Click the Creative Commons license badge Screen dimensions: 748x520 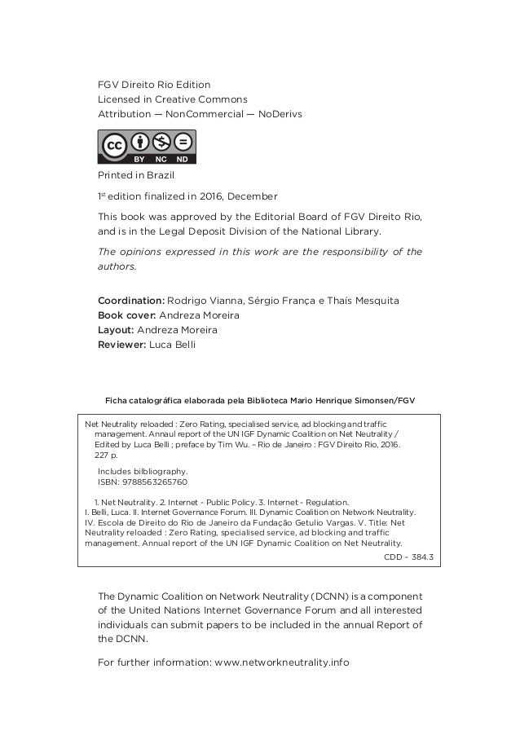(148, 147)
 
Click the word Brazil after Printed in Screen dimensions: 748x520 (160, 174)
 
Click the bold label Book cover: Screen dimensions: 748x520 (127, 316)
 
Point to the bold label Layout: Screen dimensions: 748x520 (116, 331)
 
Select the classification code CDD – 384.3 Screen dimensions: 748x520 (408, 558)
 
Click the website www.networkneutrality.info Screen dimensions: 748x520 (280, 662)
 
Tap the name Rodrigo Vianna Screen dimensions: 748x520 (205, 301)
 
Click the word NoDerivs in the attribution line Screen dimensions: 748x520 (280, 113)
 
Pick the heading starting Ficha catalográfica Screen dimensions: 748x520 (259, 400)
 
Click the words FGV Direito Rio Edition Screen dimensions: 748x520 (154, 84)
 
